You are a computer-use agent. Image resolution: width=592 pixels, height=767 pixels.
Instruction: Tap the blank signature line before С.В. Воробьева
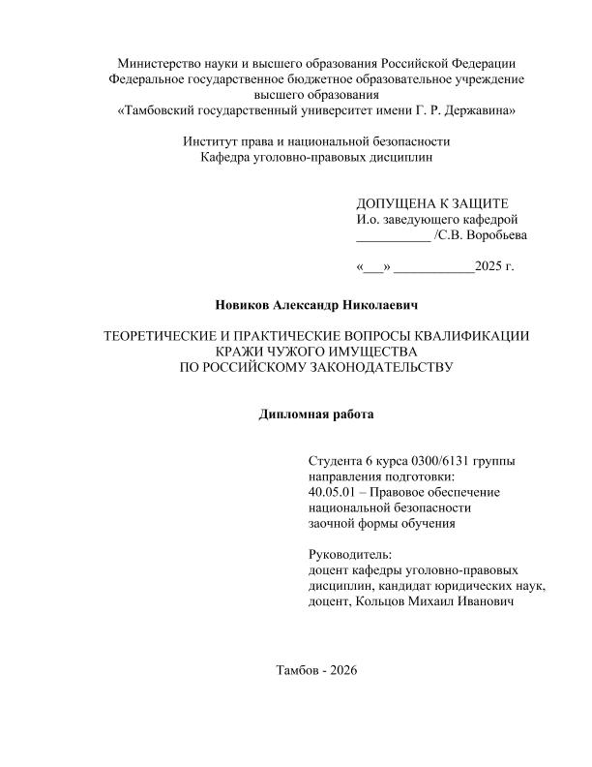tap(394, 236)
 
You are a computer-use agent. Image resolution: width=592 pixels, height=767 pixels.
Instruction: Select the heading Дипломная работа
tap(315, 414)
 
